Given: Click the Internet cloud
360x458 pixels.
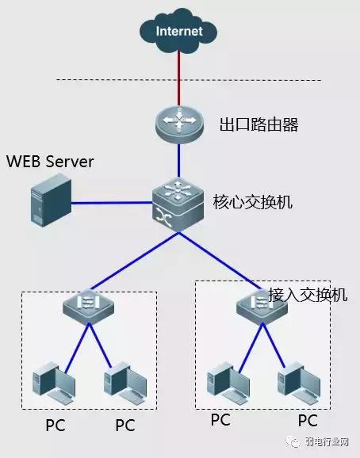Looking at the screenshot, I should click(x=178, y=32).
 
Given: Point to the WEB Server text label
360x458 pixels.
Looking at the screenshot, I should click(x=50, y=162).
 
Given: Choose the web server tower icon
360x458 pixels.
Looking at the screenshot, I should click(x=50, y=202).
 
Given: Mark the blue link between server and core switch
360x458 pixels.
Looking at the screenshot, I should click(x=111, y=203).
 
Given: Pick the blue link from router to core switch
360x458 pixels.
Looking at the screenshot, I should click(x=178, y=162).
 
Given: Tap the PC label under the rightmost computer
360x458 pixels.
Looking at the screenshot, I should click(x=307, y=420).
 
